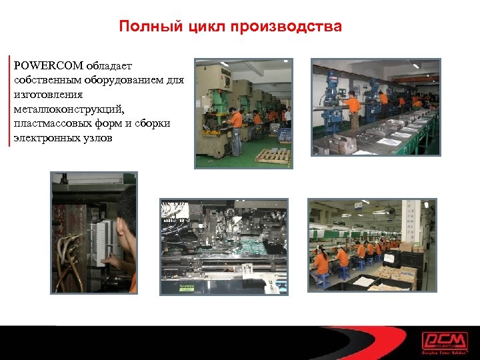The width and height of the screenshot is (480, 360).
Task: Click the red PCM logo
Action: point(445,341)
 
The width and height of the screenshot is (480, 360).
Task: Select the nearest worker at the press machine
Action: point(235,130)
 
